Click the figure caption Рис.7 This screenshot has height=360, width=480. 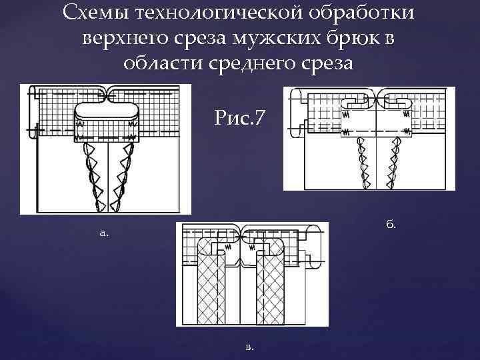tap(240, 118)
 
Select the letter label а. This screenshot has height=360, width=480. tap(103, 233)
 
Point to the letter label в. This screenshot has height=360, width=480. tap(249, 347)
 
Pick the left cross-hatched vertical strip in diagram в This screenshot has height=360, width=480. tap(211, 287)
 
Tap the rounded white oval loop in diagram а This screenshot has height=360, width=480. tap(107, 110)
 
